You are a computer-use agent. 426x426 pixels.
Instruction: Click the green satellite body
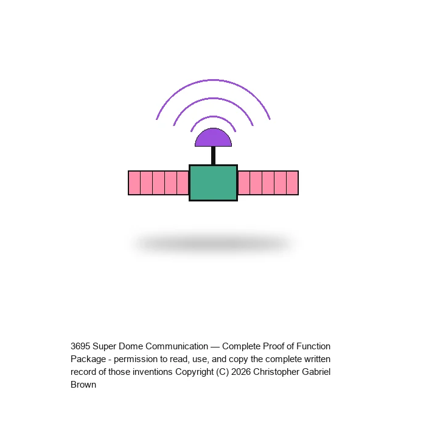(x=213, y=183)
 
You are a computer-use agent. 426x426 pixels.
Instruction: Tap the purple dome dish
(x=213, y=138)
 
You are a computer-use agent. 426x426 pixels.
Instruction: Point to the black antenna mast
(x=213, y=156)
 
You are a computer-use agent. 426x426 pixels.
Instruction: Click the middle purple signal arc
(x=213, y=99)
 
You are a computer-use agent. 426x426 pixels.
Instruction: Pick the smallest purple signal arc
(x=213, y=117)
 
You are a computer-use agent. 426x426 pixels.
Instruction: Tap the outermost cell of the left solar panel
(x=134, y=183)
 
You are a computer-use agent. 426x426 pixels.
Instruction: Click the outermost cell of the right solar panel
(x=293, y=183)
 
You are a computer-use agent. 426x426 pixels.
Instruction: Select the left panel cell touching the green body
(x=183, y=183)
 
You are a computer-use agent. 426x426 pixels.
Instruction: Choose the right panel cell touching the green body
(x=244, y=183)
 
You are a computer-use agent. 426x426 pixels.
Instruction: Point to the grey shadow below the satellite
(x=213, y=243)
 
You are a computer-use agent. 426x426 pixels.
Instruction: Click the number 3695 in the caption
(x=80, y=346)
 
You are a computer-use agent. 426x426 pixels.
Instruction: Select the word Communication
(x=177, y=346)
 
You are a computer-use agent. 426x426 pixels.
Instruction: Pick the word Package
(x=88, y=359)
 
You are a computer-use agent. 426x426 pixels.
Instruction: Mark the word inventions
(x=152, y=372)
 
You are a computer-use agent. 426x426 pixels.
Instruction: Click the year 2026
(x=241, y=372)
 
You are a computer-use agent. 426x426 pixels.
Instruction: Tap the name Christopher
(x=276, y=372)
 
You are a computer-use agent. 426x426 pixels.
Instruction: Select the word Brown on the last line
(x=83, y=385)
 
